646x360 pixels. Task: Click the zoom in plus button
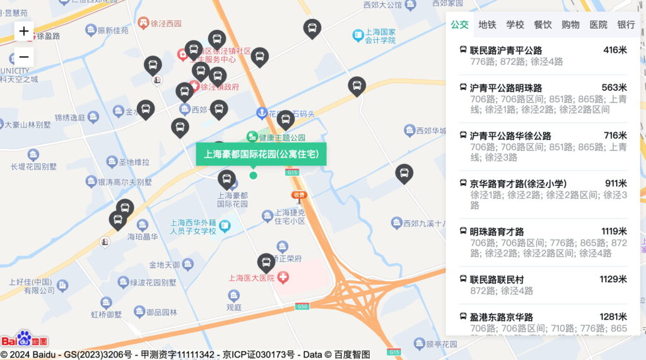[x=24, y=31]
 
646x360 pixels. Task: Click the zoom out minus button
[x=24, y=56]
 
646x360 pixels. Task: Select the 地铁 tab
[x=487, y=25]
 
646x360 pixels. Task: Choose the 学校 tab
[x=515, y=25]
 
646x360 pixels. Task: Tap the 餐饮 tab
[x=543, y=25]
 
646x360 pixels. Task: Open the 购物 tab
[x=570, y=25]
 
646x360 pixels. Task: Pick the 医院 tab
[x=598, y=25]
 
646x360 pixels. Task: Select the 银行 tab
[x=626, y=25]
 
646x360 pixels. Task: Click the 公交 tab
[x=459, y=25]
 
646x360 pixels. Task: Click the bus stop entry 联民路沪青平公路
[x=506, y=50]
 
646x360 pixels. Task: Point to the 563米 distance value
[x=614, y=88]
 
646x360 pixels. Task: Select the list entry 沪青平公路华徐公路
[x=510, y=136]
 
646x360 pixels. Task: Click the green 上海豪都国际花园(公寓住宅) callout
[x=261, y=154]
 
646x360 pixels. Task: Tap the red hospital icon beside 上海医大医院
[x=283, y=277]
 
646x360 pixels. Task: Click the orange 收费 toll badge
[x=299, y=195]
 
